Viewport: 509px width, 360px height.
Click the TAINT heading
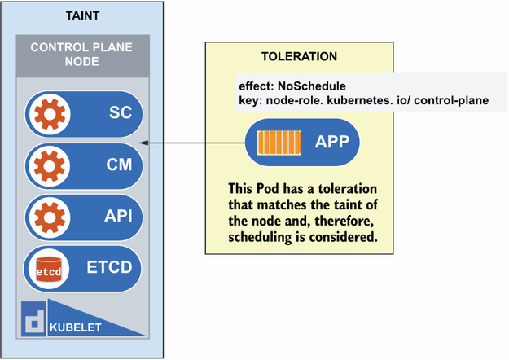[x=82, y=16]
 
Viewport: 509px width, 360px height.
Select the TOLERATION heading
[x=300, y=56]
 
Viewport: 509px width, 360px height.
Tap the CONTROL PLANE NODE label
[x=81, y=55]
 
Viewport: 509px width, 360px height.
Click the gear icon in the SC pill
[x=50, y=114]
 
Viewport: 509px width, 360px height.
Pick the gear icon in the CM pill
[x=50, y=166]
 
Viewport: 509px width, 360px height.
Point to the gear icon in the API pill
[x=50, y=217]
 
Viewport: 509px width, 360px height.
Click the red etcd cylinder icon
[x=49, y=269]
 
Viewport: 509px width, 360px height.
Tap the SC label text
[x=121, y=112]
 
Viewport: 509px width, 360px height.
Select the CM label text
[x=119, y=165]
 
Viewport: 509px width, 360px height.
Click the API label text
[x=118, y=216]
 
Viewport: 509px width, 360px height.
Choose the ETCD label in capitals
[x=109, y=267]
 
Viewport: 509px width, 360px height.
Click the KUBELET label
[x=75, y=327]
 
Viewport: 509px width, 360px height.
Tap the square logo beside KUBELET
[x=33, y=318]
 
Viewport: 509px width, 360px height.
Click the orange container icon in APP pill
[x=279, y=143]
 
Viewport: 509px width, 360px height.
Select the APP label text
[x=332, y=142]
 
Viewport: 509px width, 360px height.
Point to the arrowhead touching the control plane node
[x=144, y=143]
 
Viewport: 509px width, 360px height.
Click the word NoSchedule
[x=312, y=86]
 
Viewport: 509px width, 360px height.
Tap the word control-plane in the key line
[x=451, y=100]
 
